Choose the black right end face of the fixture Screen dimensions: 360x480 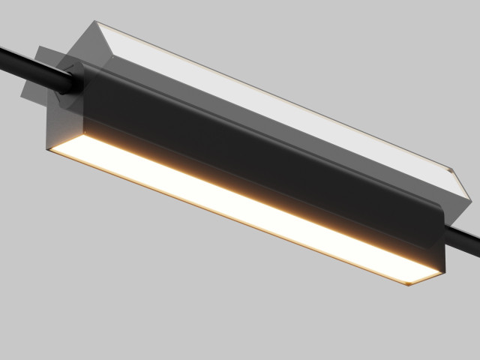[442, 247]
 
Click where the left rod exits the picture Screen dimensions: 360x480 [2, 52]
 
